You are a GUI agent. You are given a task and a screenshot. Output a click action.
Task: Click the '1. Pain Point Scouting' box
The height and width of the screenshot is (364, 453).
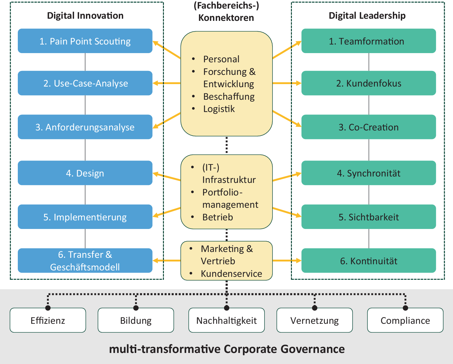(x=85, y=41)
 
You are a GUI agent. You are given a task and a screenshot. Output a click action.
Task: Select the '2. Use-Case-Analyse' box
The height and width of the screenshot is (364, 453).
(x=85, y=83)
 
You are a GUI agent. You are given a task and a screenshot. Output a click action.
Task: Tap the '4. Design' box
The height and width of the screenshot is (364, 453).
(x=85, y=173)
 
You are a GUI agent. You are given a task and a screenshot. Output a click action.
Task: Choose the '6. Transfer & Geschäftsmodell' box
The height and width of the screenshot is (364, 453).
(x=85, y=261)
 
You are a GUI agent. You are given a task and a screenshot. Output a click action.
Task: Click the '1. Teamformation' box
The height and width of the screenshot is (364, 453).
(x=369, y=41)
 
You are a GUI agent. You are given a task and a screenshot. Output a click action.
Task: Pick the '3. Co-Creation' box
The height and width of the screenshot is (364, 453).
(x=369, y=127)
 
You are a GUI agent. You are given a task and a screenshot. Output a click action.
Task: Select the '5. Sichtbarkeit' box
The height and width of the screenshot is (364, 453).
(x=369, y=217)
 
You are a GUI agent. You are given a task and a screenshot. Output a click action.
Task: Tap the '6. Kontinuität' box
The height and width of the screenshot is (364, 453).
(x=369, y=261)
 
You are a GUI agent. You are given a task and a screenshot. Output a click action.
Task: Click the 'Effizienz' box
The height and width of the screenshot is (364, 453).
(x=48, y=320)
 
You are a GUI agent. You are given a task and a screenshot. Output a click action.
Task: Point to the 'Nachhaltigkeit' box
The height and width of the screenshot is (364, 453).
(x=226, y=320)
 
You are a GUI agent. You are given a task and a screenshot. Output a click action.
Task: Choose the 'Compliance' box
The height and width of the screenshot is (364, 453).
(x=405, y=320)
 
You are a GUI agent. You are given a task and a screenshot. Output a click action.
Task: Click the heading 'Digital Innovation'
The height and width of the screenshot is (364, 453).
(x=85, y=16)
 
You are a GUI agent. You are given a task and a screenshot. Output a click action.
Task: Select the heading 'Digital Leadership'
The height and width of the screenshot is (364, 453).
(x=367, y=16)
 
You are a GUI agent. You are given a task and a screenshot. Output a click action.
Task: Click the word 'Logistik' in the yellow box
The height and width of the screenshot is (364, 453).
(x=219, y=109)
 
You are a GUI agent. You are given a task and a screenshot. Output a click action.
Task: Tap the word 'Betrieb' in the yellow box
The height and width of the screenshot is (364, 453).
(x=218, y=217)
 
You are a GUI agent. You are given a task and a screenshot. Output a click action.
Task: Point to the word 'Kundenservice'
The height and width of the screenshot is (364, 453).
(x=231, y=273)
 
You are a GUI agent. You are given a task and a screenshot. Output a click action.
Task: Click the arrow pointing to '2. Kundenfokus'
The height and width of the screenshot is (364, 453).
(x=287, y=83)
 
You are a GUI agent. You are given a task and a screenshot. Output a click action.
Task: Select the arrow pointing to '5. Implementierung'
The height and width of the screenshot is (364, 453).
(x=166, y=212)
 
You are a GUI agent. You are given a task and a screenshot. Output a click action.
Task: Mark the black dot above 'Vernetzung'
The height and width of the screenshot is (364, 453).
(x=315, y=308)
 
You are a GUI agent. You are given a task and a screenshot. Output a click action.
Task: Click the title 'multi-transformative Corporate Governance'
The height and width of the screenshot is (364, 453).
(x=227, y=349)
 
